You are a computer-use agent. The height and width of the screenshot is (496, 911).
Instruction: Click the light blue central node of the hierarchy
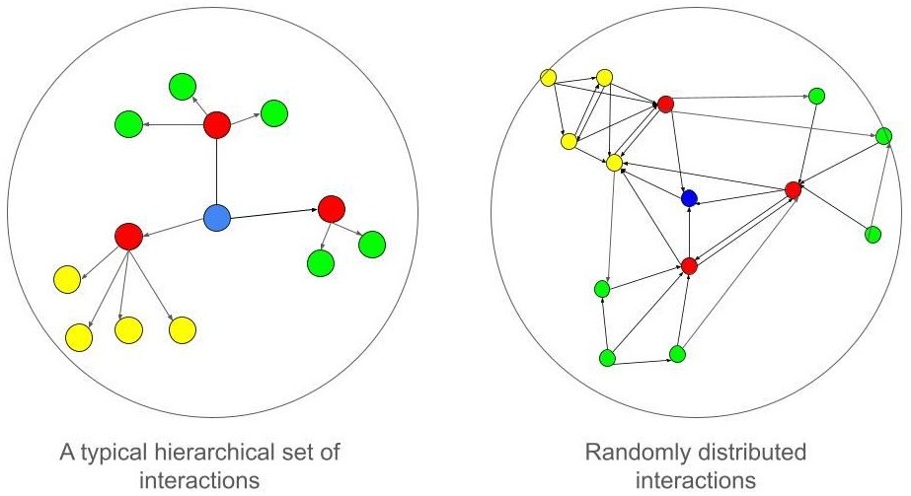(217, 218)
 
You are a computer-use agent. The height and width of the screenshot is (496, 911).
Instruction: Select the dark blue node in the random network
(690, 199)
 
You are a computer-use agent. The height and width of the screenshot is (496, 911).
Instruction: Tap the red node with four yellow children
(128, 237)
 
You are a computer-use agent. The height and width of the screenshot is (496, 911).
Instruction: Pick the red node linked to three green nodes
(217, 125)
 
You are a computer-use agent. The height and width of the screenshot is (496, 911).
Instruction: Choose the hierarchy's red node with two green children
(332, 209)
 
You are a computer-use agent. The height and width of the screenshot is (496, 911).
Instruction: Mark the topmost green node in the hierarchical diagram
(183, 87)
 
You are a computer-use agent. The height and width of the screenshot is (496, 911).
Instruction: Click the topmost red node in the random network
(665, 104)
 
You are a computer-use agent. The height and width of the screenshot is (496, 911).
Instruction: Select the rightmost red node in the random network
(794, 189)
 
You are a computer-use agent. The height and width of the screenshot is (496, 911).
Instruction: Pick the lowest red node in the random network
(690, 266)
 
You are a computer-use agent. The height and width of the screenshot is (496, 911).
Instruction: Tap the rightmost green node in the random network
(883, 137)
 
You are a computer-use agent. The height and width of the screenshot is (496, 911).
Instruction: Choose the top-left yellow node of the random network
(550, 77)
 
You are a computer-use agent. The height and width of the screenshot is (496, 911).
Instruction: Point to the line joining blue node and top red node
(217, 173)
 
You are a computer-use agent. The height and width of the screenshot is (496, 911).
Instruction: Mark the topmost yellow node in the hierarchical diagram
(66, 279)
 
